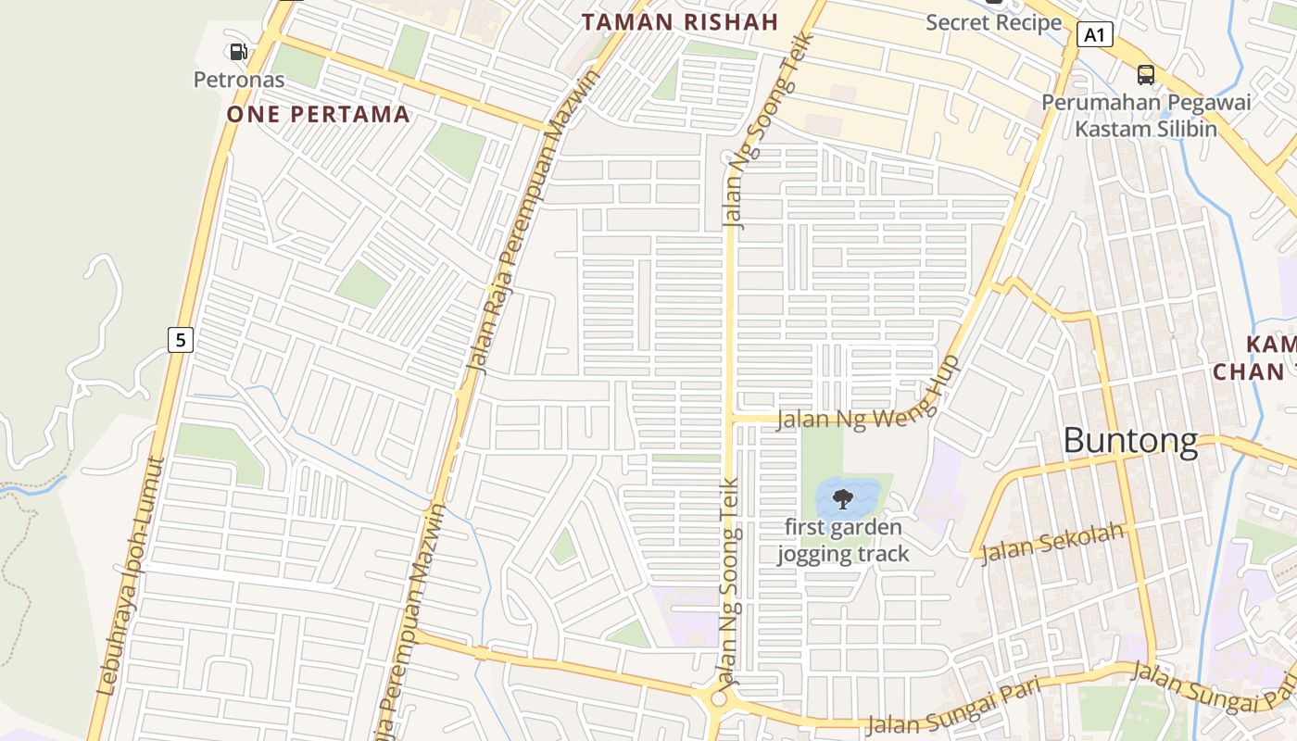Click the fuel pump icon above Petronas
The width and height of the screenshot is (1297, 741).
tap(238, 52)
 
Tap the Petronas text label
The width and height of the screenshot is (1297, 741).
tap(238, 80)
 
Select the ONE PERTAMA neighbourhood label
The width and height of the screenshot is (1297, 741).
tap(318, 114)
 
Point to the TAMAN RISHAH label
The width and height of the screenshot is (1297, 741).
tap(680, 22)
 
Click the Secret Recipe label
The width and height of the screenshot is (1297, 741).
tap(993, 22)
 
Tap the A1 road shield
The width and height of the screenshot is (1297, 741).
tap(1094, 35)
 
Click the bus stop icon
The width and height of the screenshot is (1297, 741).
tap(1145, 74)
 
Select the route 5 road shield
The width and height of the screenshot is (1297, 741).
tap(180, 340)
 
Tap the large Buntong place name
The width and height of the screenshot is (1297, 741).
tap(1130, 441)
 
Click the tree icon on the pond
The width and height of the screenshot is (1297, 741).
tap(842, 499)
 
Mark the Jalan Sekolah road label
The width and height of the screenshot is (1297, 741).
tap(1052, 543)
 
